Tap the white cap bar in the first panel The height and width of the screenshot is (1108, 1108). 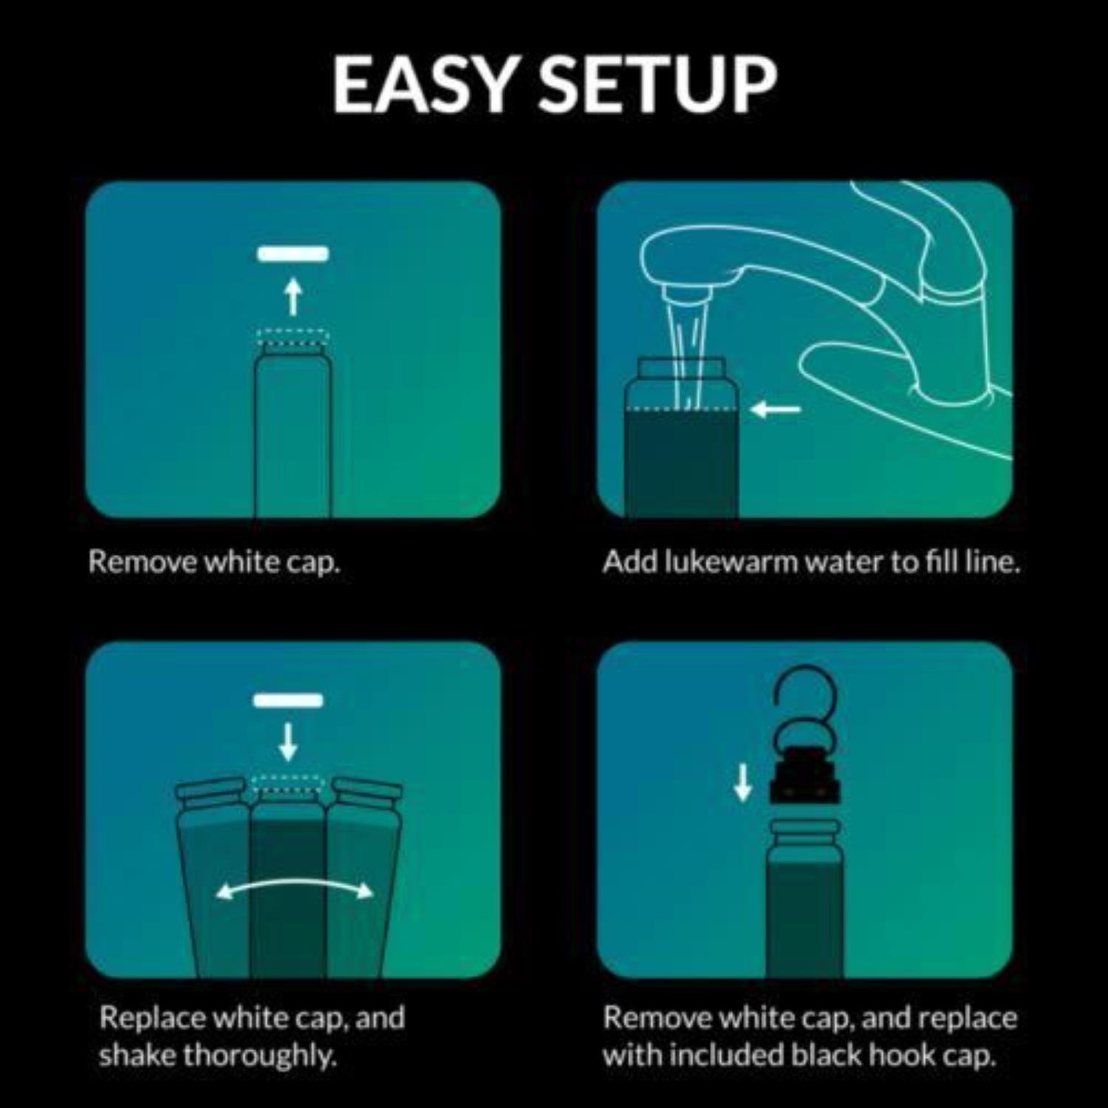[293, 254]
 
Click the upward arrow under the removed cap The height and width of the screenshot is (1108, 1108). [293, 295]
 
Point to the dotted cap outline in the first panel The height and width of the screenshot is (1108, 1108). [293, 338]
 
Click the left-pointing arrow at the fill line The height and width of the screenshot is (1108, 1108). [776, 409]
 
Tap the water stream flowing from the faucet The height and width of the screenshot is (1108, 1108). [685, 347]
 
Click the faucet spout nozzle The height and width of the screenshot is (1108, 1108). [687, 295]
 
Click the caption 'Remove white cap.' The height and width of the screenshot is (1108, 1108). [214, 563]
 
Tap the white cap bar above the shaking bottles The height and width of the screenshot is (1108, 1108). [288, 700]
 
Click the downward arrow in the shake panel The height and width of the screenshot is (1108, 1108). [288, 742]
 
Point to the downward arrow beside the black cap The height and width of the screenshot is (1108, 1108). [743, 783]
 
